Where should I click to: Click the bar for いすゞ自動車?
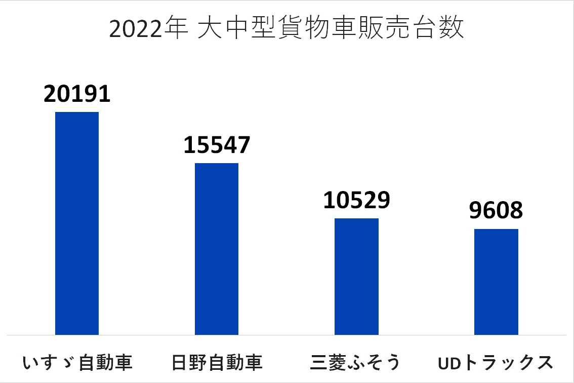tap(77, 223)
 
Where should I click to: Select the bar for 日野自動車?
tap(217, 248)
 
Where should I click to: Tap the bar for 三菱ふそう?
tap(357, 276)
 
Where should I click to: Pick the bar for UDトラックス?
tap(496, 282)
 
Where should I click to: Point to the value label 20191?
tap(77, 94)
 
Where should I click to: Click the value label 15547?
tap(217, 145)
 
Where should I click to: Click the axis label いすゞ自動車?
tap(77, 363)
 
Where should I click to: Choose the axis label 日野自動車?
tap(217, 363)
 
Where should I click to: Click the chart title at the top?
tap(286, 29)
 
